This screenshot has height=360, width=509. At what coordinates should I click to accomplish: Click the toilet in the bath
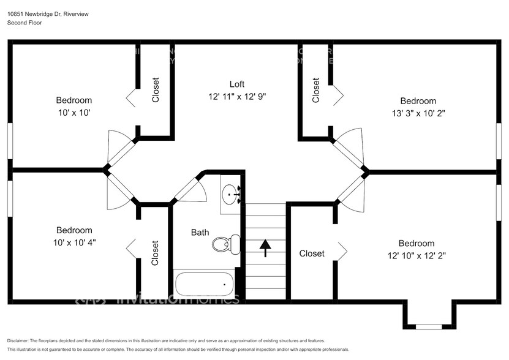224,244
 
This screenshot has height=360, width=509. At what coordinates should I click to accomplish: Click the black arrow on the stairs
265,247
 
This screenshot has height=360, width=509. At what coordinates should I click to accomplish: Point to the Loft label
237,84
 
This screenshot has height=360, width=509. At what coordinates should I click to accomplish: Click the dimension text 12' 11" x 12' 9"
237,97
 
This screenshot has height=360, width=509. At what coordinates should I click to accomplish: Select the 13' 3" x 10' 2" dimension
418,113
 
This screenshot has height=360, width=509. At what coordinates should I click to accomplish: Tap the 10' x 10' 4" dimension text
74,242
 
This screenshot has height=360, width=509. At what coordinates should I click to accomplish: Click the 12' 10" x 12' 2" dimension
417,256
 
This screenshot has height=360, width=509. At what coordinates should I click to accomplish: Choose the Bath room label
200,232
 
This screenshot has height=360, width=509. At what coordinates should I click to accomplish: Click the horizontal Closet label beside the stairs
312,253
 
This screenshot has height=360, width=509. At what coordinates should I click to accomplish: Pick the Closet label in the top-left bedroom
156,89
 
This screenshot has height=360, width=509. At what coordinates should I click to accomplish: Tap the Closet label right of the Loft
316,89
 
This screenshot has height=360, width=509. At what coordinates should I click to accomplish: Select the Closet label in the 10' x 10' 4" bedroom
155,253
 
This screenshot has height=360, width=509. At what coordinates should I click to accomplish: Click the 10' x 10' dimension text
74,113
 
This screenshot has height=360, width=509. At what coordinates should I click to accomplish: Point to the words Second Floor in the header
25,23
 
